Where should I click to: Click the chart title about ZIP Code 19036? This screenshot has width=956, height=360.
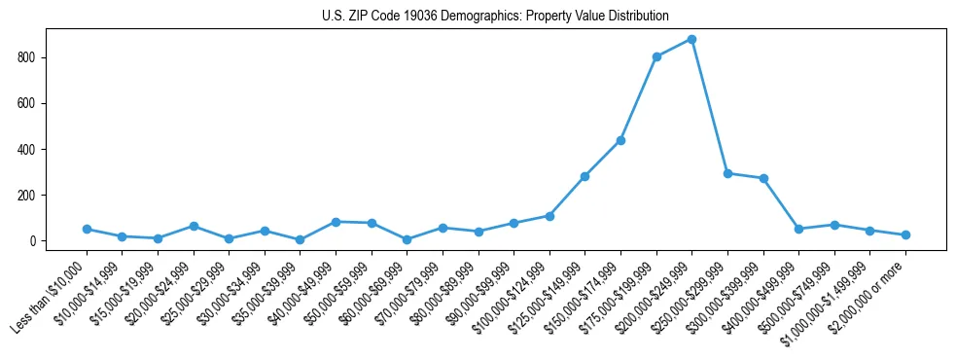pyautogui.click(x=495, y=16)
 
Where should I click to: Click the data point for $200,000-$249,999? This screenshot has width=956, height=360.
pyautogui.click(x=691, y=39)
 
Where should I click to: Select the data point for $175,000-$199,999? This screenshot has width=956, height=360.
pyautogui.click(x=656, y=56)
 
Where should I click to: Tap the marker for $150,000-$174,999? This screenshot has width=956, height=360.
pyautogui.click(x=620, y=140)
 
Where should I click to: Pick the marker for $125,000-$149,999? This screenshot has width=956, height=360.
pyautogui.click(x=584, y=176)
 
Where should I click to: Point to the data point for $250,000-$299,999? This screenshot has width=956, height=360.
pyautogui.click(x=727, y=173)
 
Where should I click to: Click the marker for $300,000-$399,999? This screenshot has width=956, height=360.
pyautogui.click(x=763, y=178)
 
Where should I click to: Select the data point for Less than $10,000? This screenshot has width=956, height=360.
pyautogui.click(x=87, y=229)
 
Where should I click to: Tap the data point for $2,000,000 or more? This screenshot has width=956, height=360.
pyautogui.click(x=905, y=234)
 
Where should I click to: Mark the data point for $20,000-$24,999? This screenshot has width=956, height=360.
pyautogui.click(x=194, y=226)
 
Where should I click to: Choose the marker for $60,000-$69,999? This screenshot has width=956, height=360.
pyautogui.click(x=407, y=239)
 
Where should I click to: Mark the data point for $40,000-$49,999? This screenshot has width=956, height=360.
pyautogui.click(x=336, y=222)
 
